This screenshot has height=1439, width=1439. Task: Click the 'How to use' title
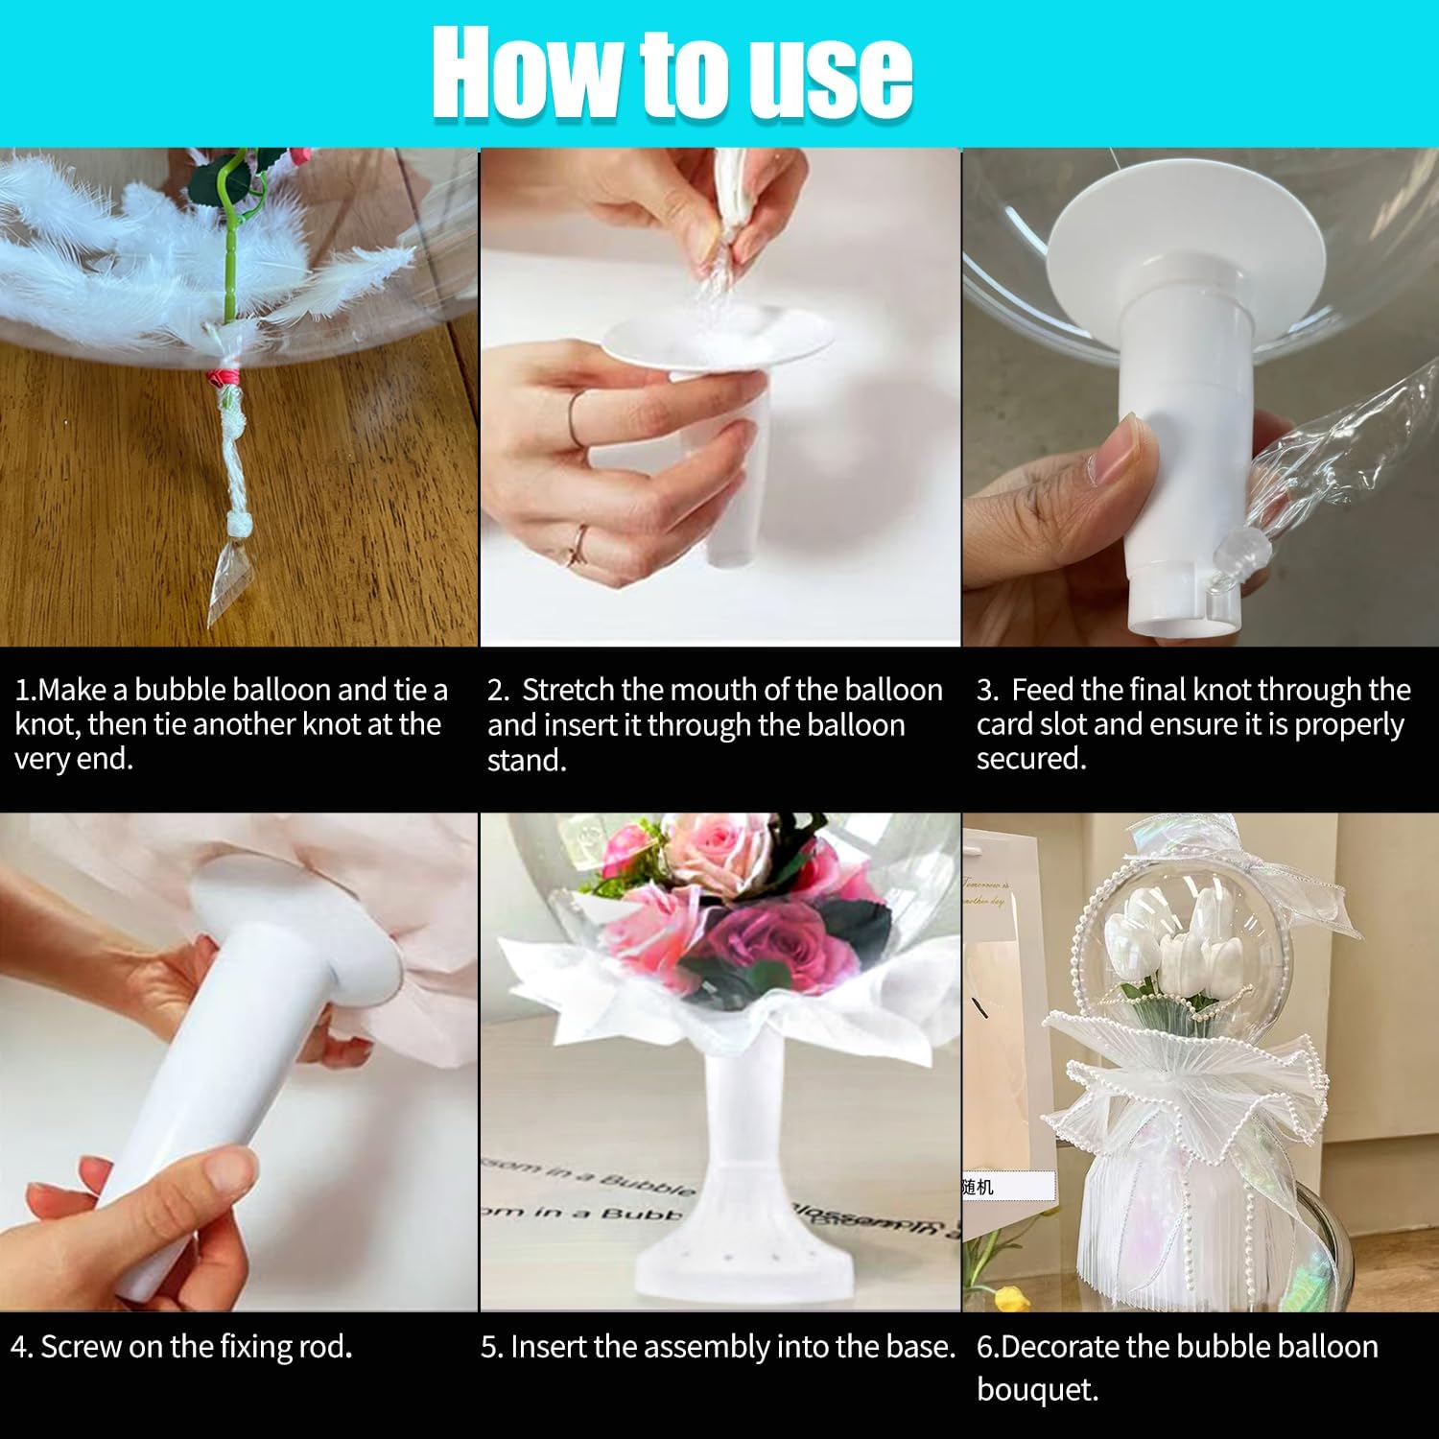point(672,73)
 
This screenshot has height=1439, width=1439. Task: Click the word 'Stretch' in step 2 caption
point(574,690)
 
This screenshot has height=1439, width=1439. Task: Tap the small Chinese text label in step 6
point(979,1187)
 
